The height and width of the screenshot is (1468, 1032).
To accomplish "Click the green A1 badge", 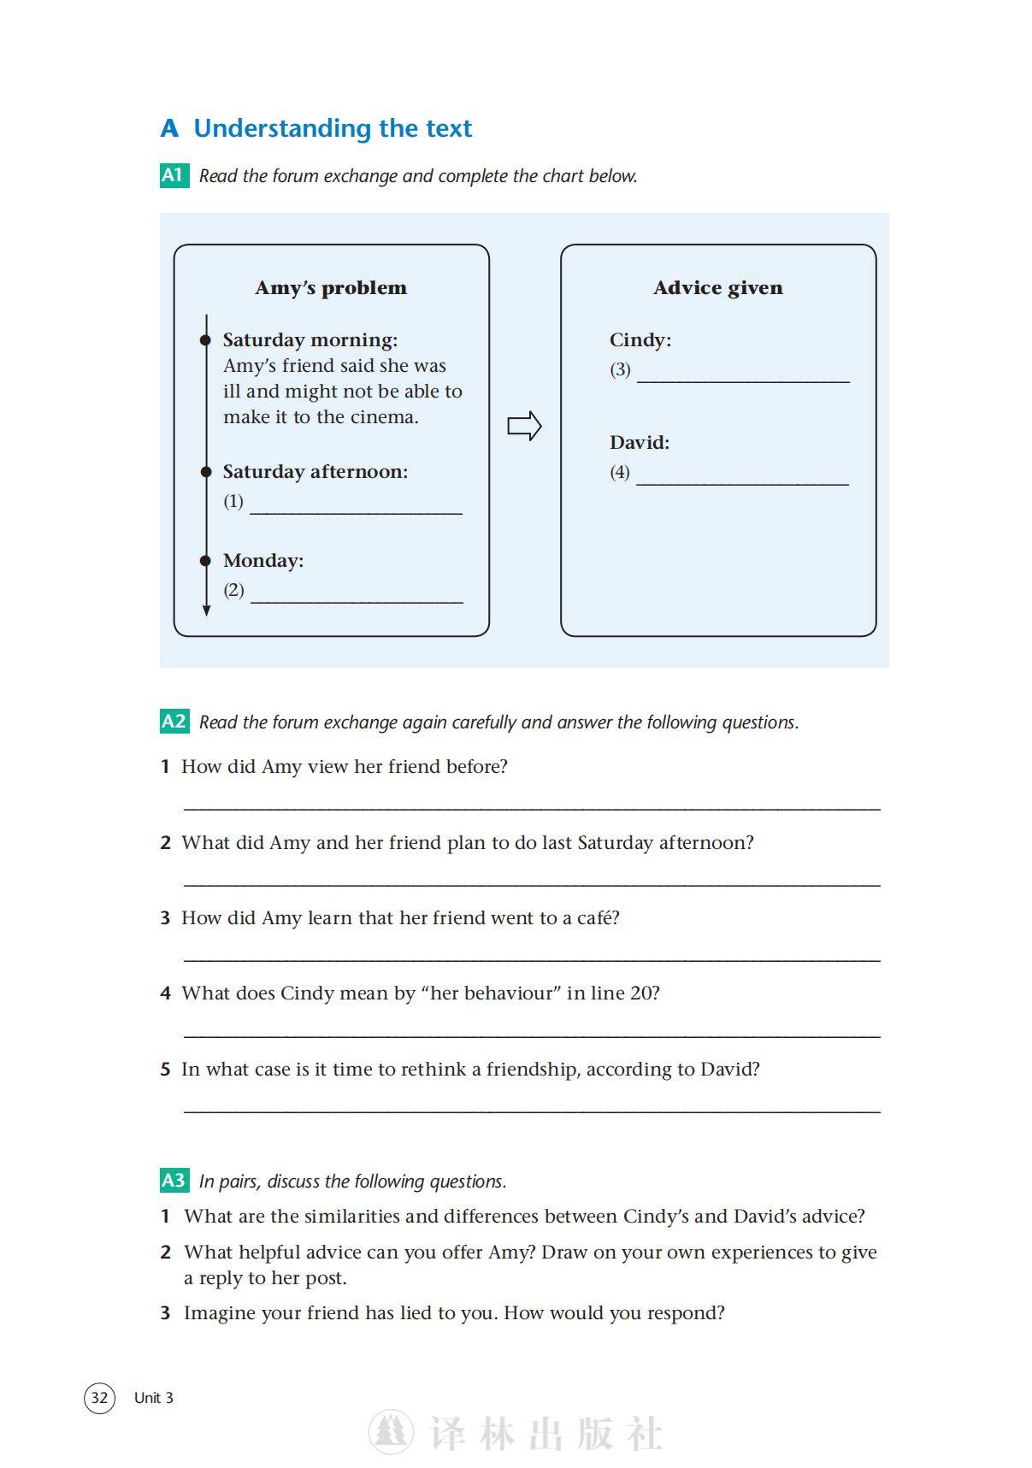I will coord(174,175).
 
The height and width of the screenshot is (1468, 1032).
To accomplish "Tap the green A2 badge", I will coord(174,721).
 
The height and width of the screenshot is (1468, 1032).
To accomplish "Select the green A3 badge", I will coord(174,1180).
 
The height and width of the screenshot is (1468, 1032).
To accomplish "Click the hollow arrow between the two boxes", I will coord(524,426).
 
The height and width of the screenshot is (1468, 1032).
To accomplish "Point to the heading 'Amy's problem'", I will coord(331,288).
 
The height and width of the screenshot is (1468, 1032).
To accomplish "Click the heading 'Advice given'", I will coord(717,288).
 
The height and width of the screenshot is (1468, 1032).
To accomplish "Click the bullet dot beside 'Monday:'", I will coord(205,561).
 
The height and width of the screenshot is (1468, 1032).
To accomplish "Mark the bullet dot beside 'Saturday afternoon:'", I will coord(205,472).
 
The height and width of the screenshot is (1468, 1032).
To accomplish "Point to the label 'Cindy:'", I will coord(640,340).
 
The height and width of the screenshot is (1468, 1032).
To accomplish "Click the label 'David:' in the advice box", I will coord(639,443).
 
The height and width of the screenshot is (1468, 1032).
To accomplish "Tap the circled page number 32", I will coord(99,1397).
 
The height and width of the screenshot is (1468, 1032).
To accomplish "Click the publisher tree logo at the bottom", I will coord(391,1432).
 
